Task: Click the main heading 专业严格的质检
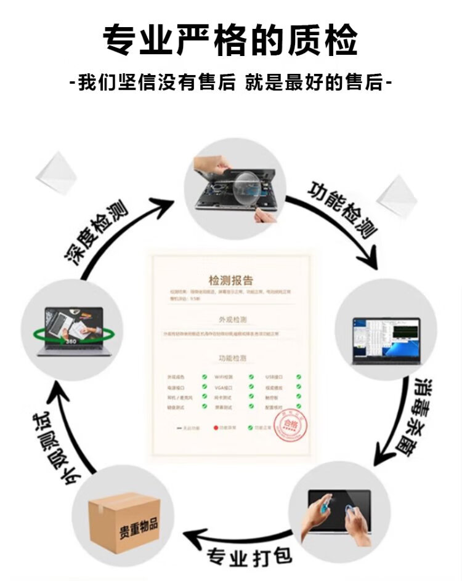[230, 41]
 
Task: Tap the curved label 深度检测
[96, 228]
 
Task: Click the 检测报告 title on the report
[231, 280]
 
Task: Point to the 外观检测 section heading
[232, 320]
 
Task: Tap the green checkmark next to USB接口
[298, 376]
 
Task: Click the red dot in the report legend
[216, 427]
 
